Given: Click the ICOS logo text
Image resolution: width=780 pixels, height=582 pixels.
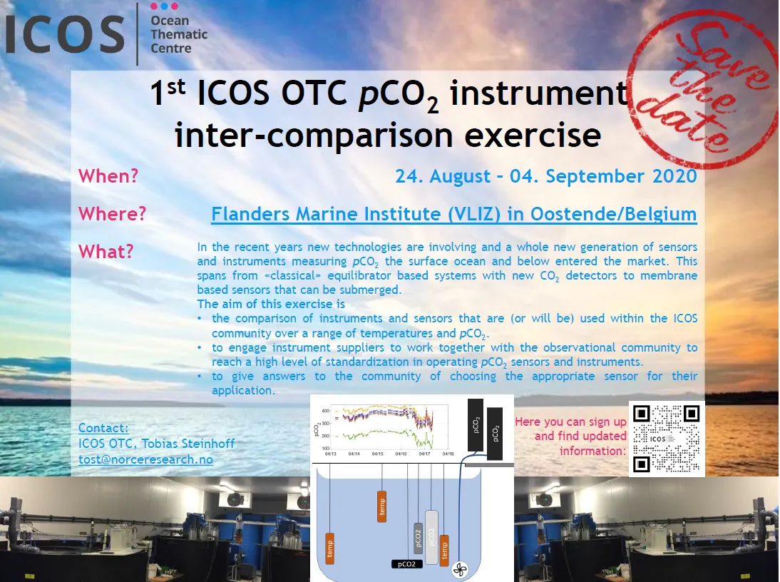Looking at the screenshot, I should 64,34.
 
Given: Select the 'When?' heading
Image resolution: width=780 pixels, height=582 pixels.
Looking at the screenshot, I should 108,175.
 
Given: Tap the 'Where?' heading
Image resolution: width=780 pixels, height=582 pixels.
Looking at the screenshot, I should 113,213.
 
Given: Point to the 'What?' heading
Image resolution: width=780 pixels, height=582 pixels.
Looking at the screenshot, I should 106,251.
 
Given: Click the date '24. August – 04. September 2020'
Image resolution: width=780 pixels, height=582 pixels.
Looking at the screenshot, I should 546,175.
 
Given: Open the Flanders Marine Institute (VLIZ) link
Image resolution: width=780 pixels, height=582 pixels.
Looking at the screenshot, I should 453,213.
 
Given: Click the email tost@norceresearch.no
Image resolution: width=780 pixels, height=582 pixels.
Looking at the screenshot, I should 145,459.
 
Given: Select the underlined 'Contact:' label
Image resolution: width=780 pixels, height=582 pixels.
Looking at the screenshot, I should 103,428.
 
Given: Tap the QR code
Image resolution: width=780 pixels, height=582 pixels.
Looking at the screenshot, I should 667,439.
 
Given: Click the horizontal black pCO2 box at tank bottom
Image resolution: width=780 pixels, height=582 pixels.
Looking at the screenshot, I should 407,563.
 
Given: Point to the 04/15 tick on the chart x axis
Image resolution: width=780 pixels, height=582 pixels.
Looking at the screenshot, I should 376,453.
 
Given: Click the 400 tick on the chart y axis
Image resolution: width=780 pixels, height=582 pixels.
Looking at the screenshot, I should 324,412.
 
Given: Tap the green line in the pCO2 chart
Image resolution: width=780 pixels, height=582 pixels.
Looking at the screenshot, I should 378,433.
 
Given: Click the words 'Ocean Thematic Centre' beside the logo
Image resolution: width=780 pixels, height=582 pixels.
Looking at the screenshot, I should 179,34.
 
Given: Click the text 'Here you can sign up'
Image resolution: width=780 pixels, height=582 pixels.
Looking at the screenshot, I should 570,422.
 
